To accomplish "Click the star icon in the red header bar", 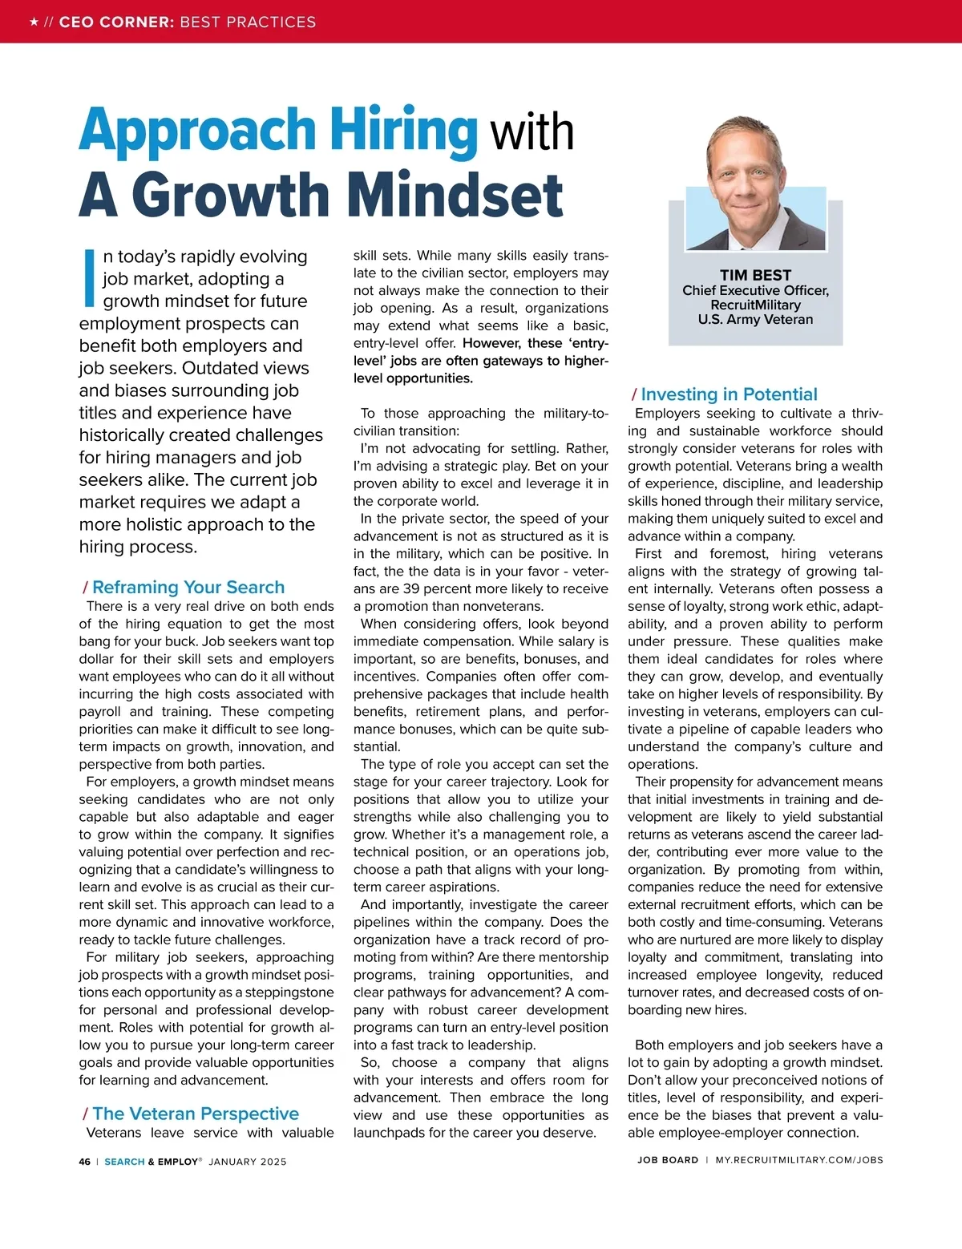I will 34,22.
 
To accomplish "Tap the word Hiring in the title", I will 404,131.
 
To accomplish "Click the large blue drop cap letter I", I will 89,278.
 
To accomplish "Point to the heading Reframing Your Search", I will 188,587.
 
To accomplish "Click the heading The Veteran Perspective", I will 195,1114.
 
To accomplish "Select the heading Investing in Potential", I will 729,394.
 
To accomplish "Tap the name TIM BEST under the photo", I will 755,275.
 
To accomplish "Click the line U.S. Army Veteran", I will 755,319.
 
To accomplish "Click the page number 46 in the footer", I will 85,1162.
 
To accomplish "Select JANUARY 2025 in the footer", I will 248,1162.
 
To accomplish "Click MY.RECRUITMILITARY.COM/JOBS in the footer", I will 799,1160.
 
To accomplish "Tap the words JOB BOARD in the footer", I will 668,1160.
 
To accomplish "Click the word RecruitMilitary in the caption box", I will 755,305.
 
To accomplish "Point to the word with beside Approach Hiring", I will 532,132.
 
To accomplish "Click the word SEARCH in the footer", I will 124,1162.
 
